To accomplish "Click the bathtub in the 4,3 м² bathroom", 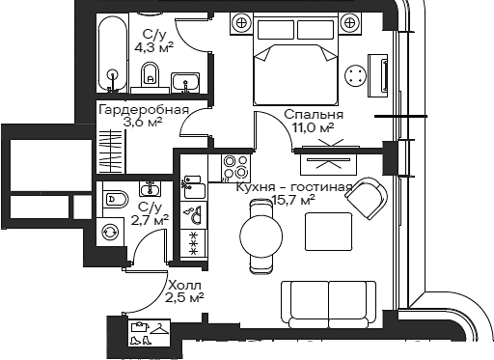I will [x=115, y=54].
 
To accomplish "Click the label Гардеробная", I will [x=143, y=109].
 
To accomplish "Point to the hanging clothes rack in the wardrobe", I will [x=109, y=146].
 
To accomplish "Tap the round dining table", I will [x=259, y=235].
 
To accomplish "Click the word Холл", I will [x=183, y=286].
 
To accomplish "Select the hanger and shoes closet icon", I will [x=148, y=333].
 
